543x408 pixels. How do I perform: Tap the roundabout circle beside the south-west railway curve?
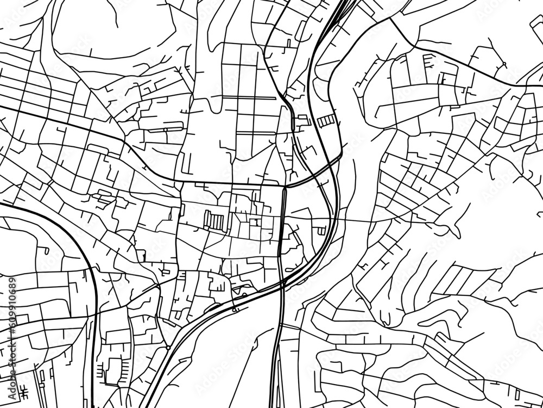pyautogui.click(x=168, y=347)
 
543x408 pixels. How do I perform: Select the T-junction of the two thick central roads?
pyautogui.click(x=285, y=187)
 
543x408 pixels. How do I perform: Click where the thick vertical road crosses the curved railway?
pyautogui.click(x=282, y=283)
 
